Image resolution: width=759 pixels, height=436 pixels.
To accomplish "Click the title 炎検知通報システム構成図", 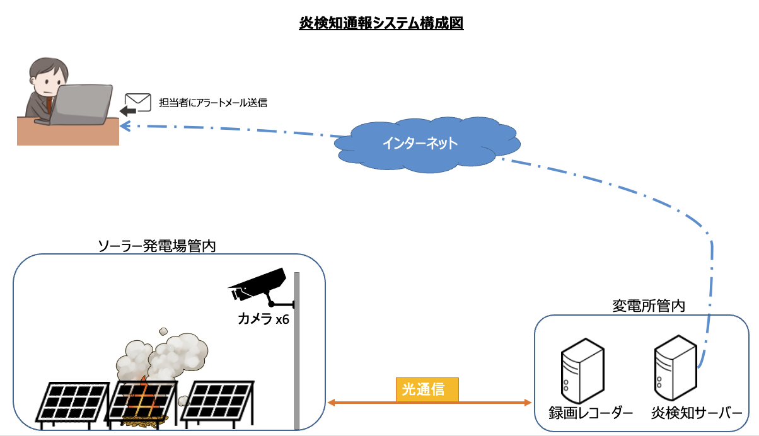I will click(381, 24).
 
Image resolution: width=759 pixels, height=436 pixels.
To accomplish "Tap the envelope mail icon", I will click(137, 101).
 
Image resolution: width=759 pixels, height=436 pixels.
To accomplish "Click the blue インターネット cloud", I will click(420, 144).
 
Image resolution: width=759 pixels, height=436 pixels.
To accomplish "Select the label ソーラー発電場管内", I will click(157, 246).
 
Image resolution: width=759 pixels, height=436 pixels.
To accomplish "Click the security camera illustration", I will click(258, 286).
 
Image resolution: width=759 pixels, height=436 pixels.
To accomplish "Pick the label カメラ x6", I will click(263, 319).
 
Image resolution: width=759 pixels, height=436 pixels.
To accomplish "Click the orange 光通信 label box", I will click(427, 389).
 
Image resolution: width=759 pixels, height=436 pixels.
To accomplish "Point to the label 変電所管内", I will click(649, 306).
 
